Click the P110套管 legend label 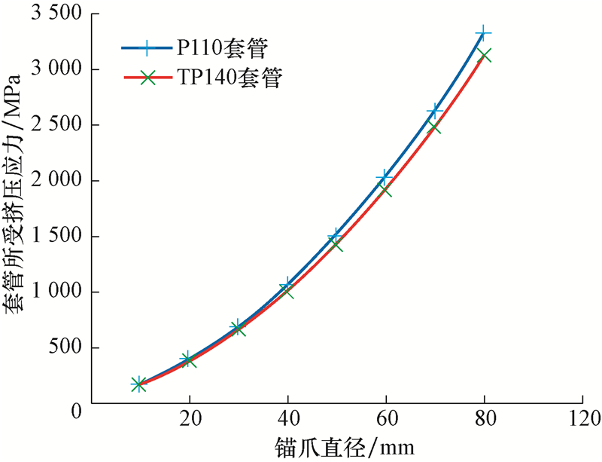[x=222, y=47]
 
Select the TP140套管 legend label [x=230, y=79]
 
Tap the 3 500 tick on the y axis [x=56, y=14]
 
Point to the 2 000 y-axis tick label [x=56, y=181]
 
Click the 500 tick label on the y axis [x=66, y=348]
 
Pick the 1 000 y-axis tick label [x=56, y=292]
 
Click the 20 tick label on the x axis [x=190, y=418]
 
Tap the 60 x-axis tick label [x=386, y=418]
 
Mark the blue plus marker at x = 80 [x=484, y=34]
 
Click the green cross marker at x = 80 [x=484, y=55]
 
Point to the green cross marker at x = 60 [x=385, y=190]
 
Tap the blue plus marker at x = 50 [x=336, y=237]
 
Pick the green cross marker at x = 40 [x=287, y=291]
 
